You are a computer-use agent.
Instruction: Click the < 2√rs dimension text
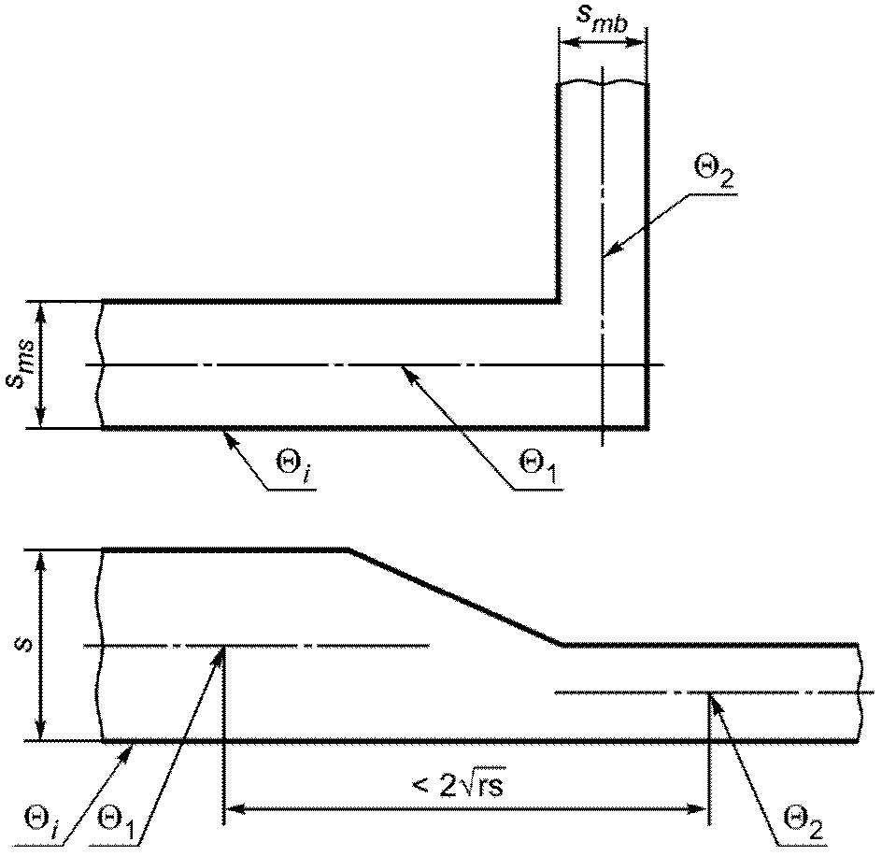tap(457, 785)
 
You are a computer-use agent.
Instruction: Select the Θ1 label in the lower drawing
tap(115, 822)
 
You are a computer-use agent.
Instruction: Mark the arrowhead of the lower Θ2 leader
tap(715, 700)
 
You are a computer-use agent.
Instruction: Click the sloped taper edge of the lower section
tap(457, 596)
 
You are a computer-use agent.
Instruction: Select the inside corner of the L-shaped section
tap(558, 303)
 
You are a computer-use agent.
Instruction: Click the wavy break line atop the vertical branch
tap(603, 83)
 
